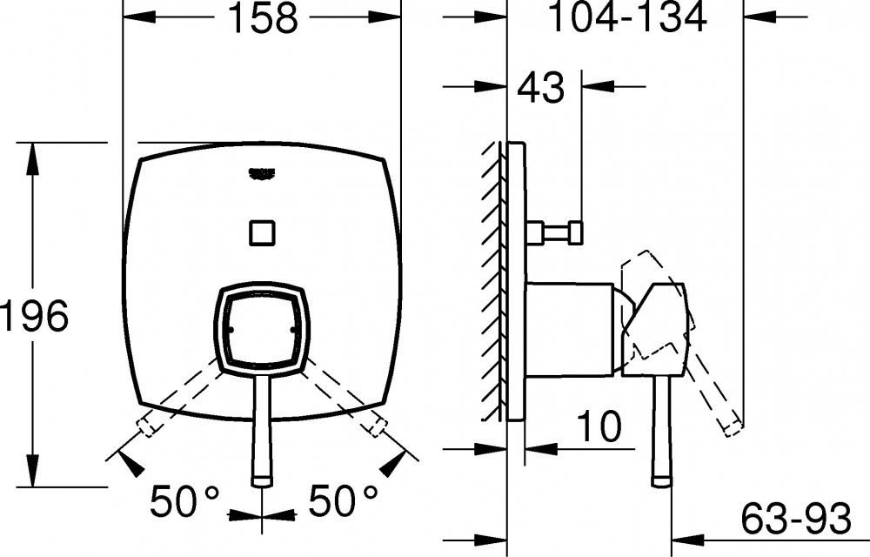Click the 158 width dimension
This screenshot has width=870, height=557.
(x=263, y=17)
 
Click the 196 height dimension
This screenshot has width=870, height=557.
(x=35, y=316)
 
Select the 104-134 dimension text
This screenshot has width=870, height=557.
(x=627, y=17)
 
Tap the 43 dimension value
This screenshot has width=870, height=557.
(x=540, y=87)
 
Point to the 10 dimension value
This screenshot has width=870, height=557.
(x=599, y=426)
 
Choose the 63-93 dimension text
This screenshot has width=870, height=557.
(x=796, y=519)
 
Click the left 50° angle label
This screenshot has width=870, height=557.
(x=184, y=500)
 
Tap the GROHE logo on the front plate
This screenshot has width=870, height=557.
(x=263, y=174)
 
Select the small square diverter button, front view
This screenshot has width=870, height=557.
(x=262, y=232)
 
